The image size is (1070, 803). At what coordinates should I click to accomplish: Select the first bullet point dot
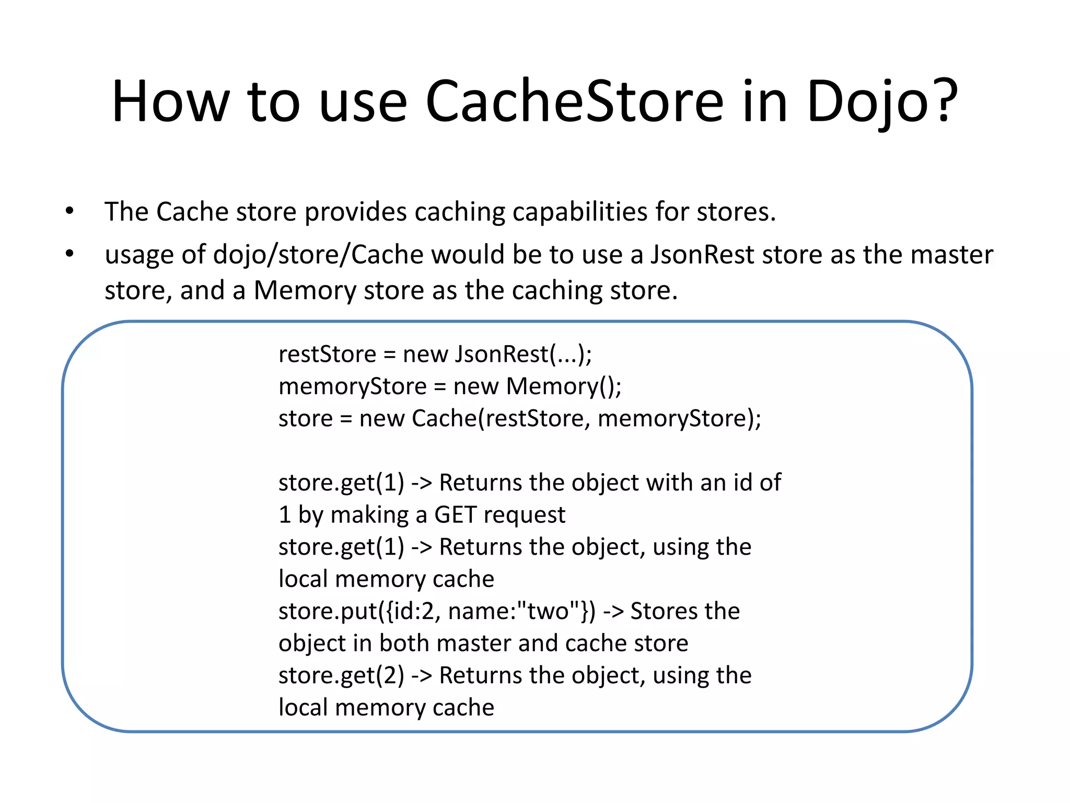[x=69, y=212]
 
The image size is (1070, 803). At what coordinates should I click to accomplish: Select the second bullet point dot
[x=69, y=255]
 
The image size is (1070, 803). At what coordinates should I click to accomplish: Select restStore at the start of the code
[x=327, y=354]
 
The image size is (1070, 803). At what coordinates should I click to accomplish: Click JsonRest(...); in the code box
[x=523, y=354]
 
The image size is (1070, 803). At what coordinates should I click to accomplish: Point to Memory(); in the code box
[x=564, y=387]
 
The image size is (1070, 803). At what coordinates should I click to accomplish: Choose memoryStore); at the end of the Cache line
[x=679, y=419]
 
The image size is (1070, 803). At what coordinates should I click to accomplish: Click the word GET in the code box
[x=455, y=515]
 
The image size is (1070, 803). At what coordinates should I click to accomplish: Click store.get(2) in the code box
[x=341, y=675]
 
